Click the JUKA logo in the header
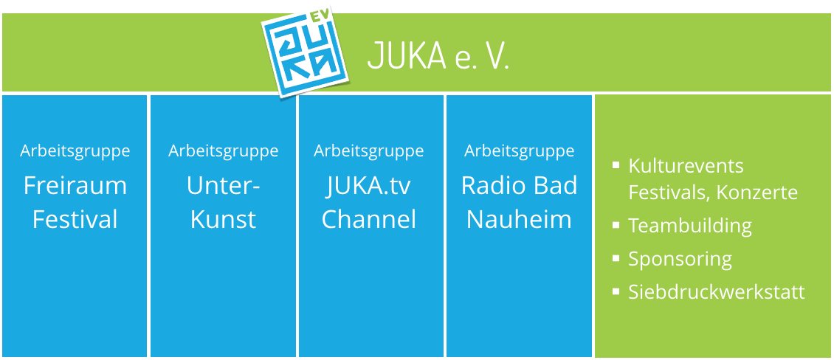click(308, 52)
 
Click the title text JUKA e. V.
click(438, 57)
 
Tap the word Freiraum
click(75, 186)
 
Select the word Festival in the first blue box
click(75, 219)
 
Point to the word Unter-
click(224, 186)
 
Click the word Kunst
click(224, 219)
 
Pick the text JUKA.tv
click(369, 186)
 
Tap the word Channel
click(369, 219)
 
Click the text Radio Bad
click(519, 186)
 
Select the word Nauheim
click(519, 219)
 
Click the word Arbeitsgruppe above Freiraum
click(75, 151)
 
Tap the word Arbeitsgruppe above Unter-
click(224, 151)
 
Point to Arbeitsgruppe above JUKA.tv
click(369, 151)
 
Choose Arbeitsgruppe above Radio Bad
click(519, 151)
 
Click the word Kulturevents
click(686, 166)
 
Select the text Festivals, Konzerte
click(713, 193)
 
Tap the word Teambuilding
click(690, 226)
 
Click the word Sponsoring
click(680, 260)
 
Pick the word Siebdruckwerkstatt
click(717, 292)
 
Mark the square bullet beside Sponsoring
click(616, 258)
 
